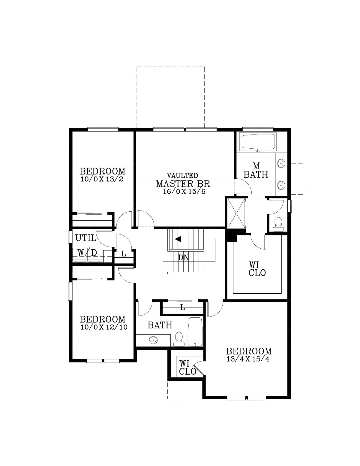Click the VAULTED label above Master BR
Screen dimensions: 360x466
[182, 175]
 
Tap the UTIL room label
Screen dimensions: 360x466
[85, 238]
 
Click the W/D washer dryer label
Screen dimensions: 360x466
[87, 253]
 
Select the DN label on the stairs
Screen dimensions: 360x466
[184, 258]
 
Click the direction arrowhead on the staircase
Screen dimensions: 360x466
[178, 239]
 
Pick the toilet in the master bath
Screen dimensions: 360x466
[278, 224]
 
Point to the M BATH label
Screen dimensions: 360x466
[256, 171]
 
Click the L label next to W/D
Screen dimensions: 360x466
[123, 254]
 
